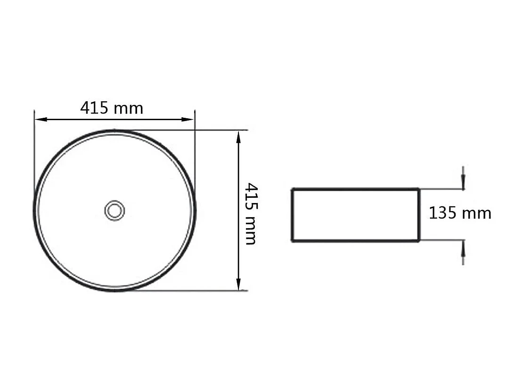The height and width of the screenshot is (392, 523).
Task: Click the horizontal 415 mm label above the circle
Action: (112, 108)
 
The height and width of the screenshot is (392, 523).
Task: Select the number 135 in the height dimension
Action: (442, 213)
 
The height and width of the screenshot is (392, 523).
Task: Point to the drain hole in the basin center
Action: (114, 210)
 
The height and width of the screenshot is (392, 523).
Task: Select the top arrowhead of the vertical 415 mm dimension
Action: (239, 136)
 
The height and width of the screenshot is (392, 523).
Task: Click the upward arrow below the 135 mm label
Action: (464, 247)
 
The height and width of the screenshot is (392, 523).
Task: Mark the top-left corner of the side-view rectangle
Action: (293, 189)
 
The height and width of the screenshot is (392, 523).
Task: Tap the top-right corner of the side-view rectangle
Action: (419, 189)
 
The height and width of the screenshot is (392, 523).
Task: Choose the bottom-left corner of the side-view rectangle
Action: (293, 241)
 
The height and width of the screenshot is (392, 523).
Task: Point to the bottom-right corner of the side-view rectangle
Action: (419, 241)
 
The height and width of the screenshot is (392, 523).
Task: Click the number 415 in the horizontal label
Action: (94, 108)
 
